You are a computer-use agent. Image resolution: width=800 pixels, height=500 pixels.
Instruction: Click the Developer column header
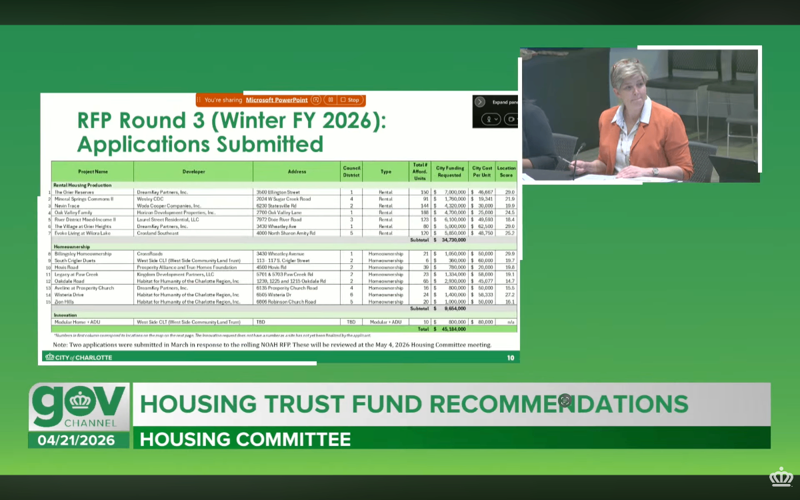click(x=193, y=171)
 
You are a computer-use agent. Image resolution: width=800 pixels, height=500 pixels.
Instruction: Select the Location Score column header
click(x=506, y=171)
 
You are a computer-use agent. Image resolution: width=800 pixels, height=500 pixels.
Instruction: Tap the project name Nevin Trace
click(x=68, y=206)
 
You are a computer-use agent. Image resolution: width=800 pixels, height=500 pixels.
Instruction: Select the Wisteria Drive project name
click(x=69, y=295)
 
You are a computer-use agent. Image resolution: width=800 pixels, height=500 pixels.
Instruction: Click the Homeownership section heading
click(x=72, y=247)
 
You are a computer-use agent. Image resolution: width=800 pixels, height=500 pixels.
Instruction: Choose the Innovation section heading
click(x=65, y=315)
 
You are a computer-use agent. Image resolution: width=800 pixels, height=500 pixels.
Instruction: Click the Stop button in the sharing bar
click(x=350, y=100)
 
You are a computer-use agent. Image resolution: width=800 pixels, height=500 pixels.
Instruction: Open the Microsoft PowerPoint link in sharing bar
click(x=277, y=100)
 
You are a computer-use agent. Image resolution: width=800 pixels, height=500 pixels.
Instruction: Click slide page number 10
click(x=510, y=358)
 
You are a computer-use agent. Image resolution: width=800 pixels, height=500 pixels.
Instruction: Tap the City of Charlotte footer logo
click(x=79, y=357)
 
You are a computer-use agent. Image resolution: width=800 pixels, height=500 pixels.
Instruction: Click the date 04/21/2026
click(x=76, y=440)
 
